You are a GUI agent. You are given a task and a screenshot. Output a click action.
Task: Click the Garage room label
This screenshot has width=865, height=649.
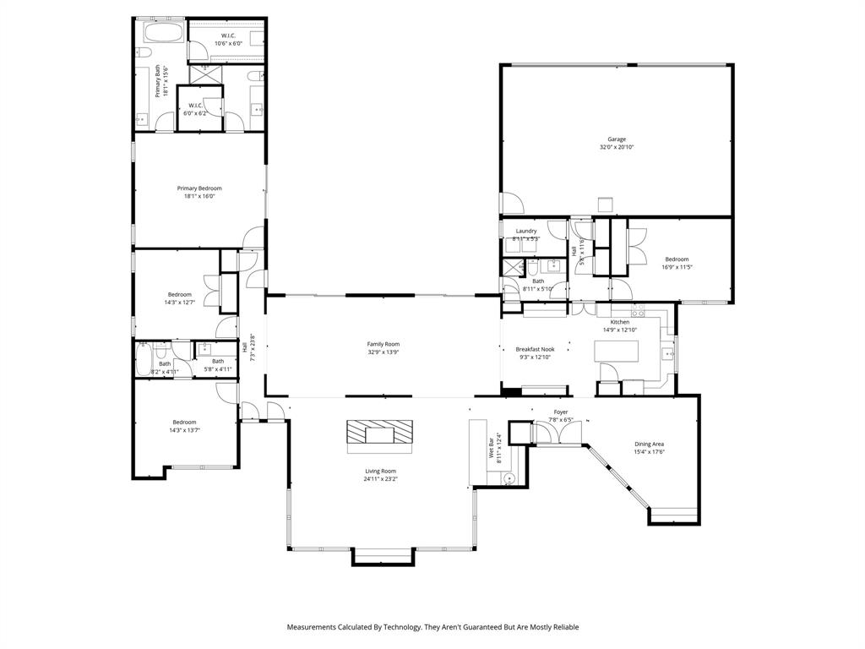pos(617,139)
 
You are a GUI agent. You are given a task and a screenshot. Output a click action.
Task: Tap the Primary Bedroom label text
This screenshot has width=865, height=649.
pos(199,188)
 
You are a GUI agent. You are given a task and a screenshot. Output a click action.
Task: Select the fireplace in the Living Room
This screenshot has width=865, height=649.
pos(380,433)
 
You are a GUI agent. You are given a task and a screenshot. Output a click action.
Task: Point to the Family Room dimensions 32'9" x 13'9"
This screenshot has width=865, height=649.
pos(383,352)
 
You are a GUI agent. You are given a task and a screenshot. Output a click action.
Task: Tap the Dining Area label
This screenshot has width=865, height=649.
pos(650,444)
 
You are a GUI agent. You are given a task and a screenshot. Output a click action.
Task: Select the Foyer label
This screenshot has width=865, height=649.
pos(561,412)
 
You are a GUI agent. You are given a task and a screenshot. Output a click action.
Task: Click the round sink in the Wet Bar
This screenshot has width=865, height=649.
pos(509,478)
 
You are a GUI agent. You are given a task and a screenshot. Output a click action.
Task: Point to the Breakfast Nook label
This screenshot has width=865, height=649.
pos(536,349)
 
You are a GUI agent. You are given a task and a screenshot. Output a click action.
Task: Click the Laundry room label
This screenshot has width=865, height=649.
pos(526,231)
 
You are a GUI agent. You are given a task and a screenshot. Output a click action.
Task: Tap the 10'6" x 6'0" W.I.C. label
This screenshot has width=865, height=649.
pos(228,43)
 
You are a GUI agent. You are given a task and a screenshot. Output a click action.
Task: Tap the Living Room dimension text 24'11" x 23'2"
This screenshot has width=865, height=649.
pos(381,479)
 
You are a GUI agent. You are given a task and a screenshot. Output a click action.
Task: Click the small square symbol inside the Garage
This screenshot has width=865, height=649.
pos(605,205)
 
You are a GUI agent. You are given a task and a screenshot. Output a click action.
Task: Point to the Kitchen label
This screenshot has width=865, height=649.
pos(620,322)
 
